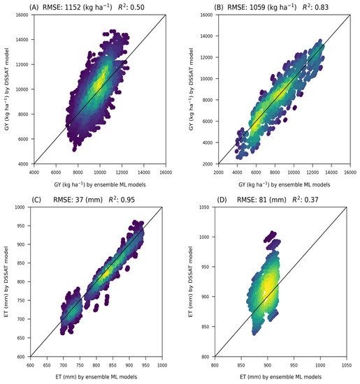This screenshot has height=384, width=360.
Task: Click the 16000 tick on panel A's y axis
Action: point(21,16)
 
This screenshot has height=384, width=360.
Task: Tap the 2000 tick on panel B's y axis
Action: point(209,165)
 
